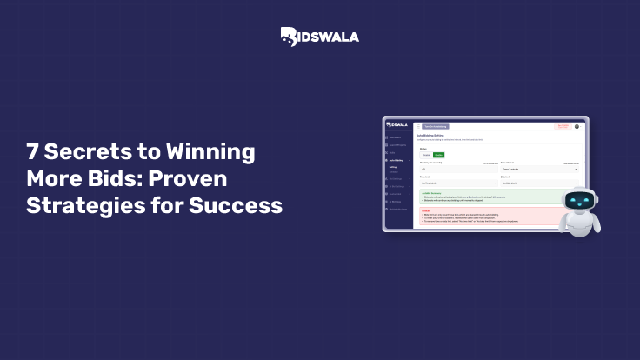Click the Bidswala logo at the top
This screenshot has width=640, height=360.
(x=319, y=36)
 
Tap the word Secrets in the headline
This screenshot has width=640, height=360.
(x=90, y=152)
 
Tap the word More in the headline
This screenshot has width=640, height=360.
(x=54, y=180)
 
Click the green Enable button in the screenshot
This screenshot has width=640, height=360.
(x=439, y=155)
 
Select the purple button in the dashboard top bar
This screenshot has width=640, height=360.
(x=435, y=125)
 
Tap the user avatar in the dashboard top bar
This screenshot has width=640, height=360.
(x=577, y=125)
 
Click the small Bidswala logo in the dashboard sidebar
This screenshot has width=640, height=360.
(x=397, y=124)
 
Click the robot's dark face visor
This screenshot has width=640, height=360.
(x=579, y=202)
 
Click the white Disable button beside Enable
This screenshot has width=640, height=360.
(x=426, y=155)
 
